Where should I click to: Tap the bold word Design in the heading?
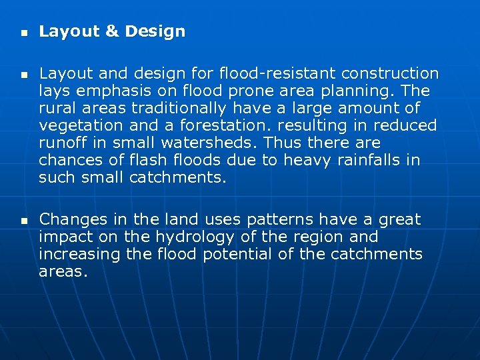coord(155,31)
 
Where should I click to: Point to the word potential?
coord(235,254)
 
